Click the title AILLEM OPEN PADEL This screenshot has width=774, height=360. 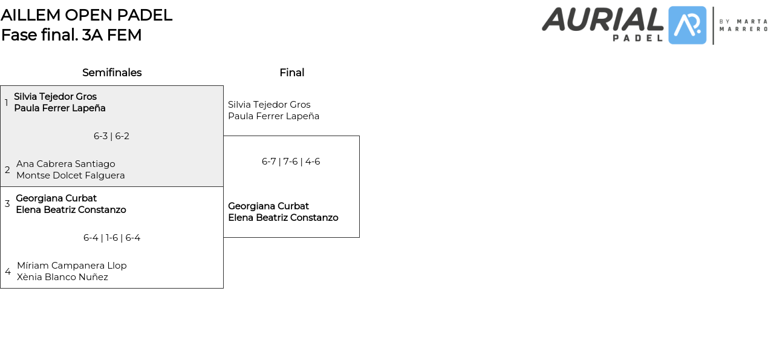pos(86,15)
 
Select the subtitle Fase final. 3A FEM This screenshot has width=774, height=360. pos(71,35)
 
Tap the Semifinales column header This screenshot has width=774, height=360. pos(112,73)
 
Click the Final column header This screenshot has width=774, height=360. pos(291,73)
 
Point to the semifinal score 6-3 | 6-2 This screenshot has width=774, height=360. pos(111,136)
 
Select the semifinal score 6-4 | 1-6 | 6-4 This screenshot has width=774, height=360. pos(112,238)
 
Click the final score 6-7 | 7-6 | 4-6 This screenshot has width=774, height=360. pos(291,162)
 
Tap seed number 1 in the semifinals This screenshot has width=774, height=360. pos(7,103)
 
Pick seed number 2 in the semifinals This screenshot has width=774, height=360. pos(7,170)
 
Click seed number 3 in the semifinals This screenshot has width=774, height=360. pos(7,204)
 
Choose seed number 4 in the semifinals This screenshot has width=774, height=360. pos(8,272)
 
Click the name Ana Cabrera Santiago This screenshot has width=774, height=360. pos(66,164)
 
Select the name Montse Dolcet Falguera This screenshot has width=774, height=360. pos(71,175)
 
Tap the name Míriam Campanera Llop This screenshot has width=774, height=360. pos(72,266)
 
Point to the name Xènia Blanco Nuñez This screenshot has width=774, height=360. pos(63,277)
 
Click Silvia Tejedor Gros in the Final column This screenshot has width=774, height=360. pos(269,105)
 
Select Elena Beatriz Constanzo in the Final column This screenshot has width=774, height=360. pos(283,218)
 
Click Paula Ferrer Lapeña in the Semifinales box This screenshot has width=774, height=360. pos(60,108)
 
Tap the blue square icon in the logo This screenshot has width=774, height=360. pos(687,25)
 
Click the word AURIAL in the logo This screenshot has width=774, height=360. pos(603,19)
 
